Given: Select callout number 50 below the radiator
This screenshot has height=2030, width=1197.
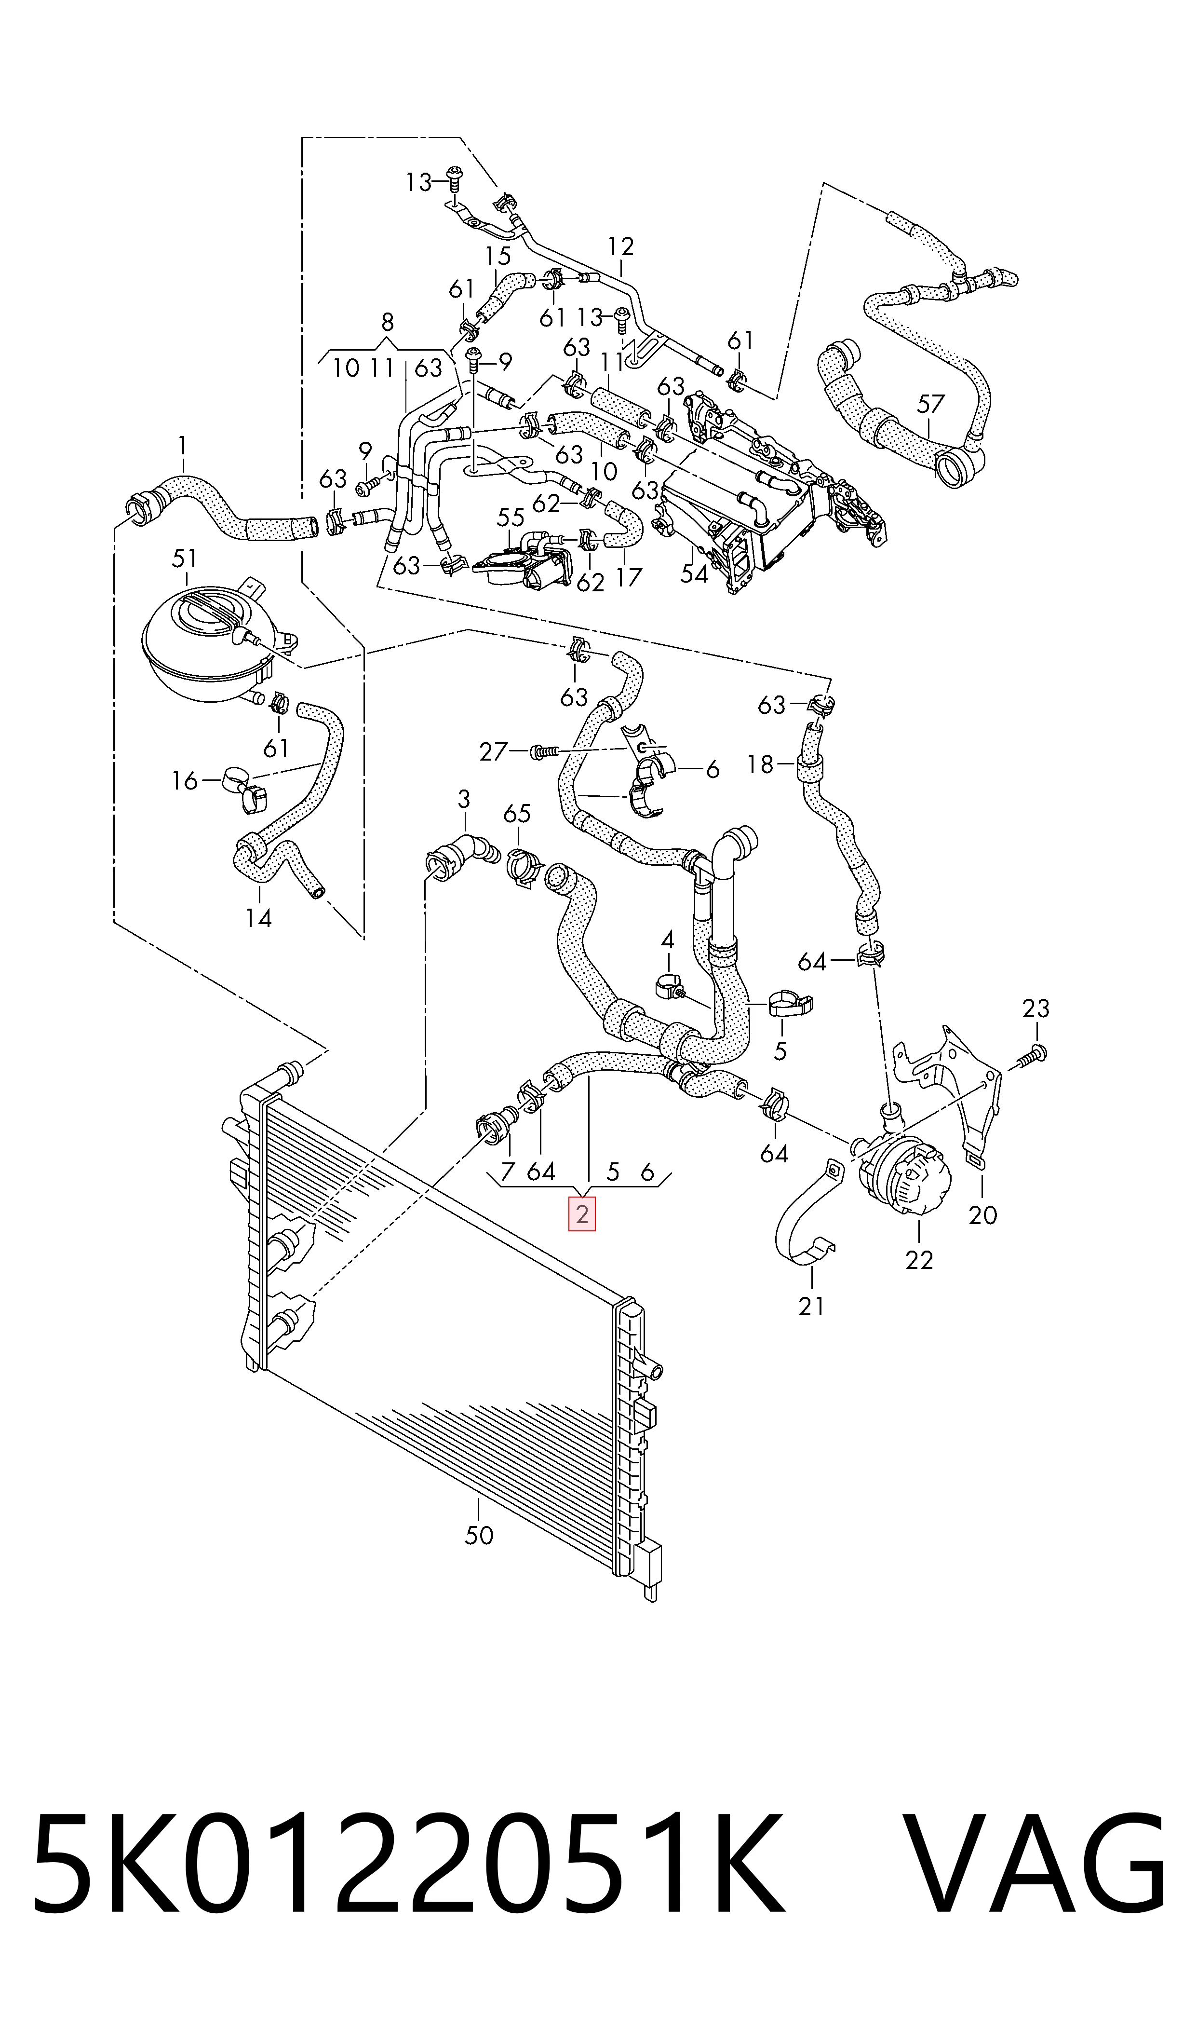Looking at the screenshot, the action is click(x=479, y=1535).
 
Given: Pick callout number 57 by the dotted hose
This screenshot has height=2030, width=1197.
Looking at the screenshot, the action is click(x=931, y=403).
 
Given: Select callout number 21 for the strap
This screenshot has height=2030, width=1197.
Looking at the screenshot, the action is click(x=811, y=1306).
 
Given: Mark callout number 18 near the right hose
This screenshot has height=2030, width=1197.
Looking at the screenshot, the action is click(x=760, y=763).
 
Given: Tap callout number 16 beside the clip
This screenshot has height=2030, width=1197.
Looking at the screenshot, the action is click(x=185, y=780).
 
